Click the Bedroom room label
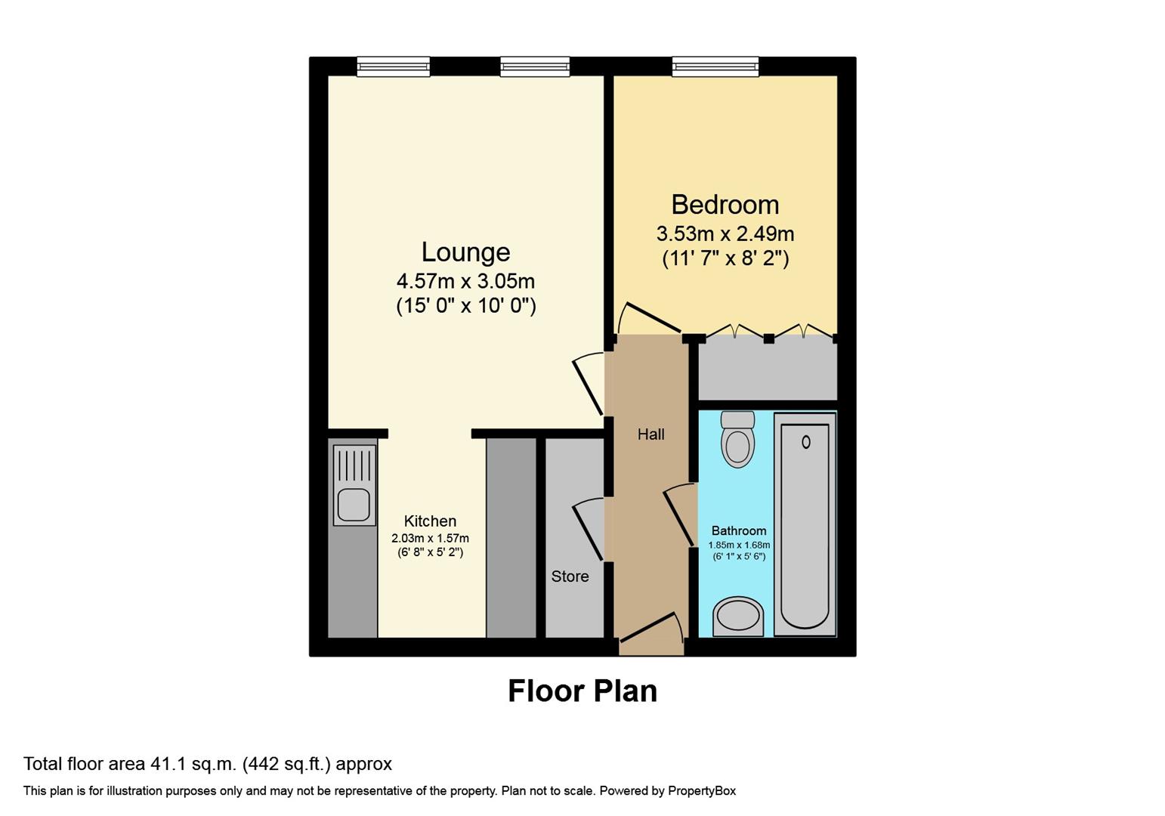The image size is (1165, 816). point(725,205)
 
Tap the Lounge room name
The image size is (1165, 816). point(465,252)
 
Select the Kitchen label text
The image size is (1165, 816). point(430,521)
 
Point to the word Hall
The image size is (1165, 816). point(650,434)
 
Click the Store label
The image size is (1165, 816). point(570,576)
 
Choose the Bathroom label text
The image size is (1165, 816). point(739,530)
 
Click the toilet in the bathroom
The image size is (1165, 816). point(737,439)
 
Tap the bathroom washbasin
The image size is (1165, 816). point(738,617)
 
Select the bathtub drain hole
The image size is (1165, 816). point(805,442)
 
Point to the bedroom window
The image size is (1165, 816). point(715,66)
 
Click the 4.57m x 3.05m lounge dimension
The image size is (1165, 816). point(465,281)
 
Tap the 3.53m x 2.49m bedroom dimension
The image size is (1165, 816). point(725,234)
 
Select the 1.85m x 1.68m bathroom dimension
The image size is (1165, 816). point(739,545)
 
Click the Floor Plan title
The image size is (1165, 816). point(582,691)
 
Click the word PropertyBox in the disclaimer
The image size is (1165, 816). point(702,791)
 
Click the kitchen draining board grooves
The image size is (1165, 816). point(354,465)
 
